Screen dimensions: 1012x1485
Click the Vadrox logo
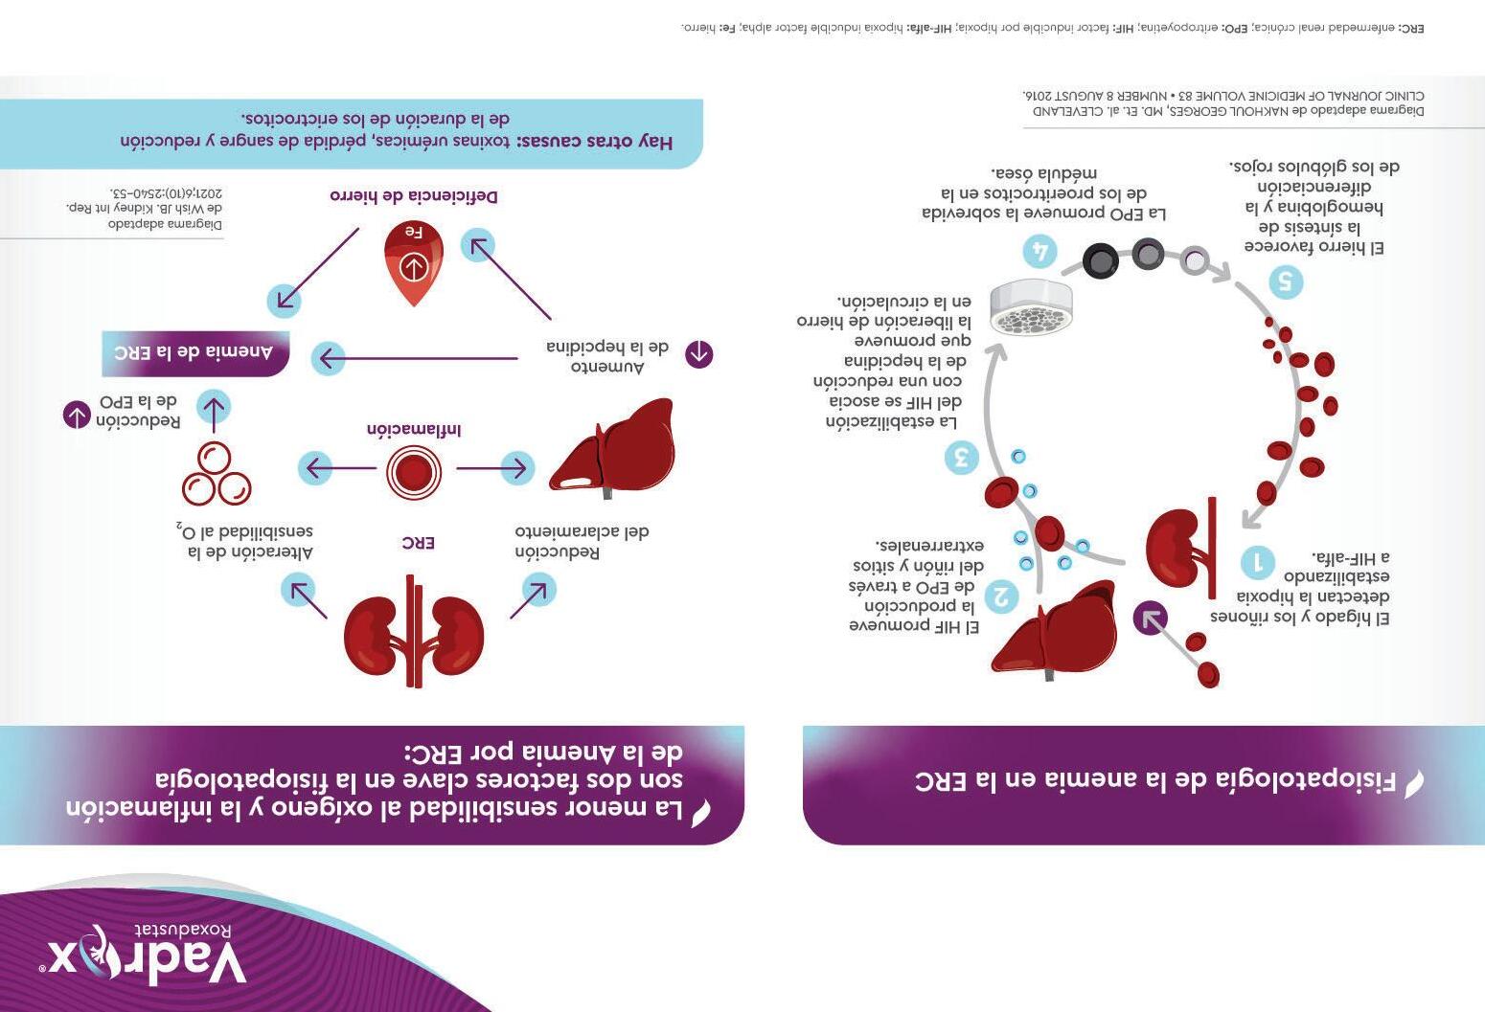144,954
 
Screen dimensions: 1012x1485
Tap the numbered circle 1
1257,562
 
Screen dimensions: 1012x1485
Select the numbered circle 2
1000,596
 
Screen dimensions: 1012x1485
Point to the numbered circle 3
961,457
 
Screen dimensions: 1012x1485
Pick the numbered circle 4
1039,251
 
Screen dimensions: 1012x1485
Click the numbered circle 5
1285,282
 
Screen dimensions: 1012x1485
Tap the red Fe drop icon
413,260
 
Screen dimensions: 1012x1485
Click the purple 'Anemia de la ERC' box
195,353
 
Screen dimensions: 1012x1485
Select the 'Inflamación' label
414,430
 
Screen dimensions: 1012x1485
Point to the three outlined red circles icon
216,474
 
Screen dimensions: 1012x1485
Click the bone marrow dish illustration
1031,307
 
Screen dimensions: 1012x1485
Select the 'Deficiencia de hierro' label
414,196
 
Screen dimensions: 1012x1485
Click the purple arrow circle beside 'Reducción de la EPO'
77,416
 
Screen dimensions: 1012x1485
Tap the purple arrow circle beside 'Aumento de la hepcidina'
698,354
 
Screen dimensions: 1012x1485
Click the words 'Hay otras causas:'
595,142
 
